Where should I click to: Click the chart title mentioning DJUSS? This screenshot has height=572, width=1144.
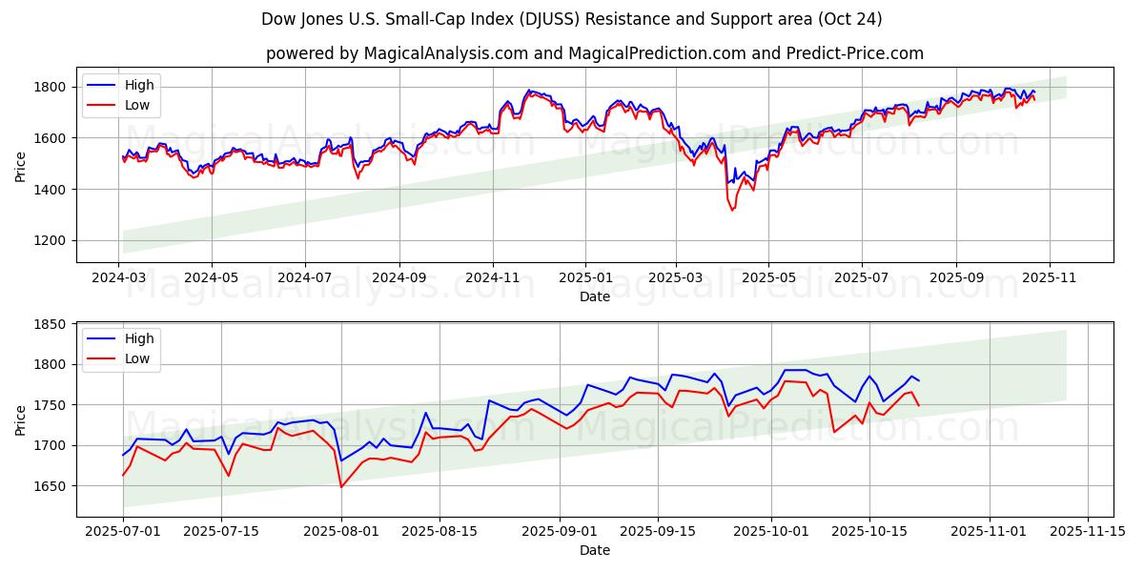pos(571,19)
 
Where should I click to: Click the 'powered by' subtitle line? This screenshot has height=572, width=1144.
pos(595,53)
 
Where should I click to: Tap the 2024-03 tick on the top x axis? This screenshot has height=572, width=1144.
pos(119,278)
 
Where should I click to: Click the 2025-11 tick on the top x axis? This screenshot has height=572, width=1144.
pos(1049,278)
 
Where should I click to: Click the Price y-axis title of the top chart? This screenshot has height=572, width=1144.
pos(21,165)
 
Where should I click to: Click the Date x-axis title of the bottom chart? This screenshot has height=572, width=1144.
pos(595,550)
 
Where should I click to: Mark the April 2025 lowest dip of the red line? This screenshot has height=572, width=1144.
pos(732,210)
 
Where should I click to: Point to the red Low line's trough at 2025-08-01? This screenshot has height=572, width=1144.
pos(341,487)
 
